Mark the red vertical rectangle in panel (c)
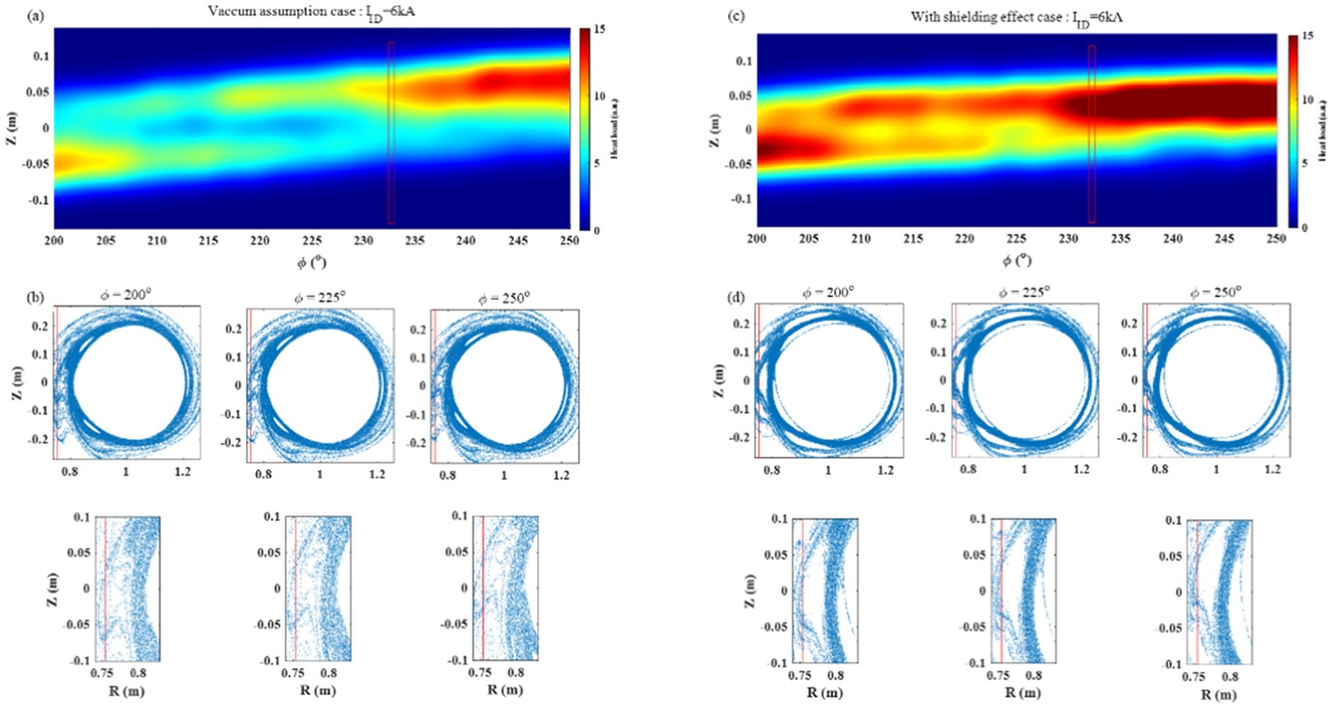point(1091,134)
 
